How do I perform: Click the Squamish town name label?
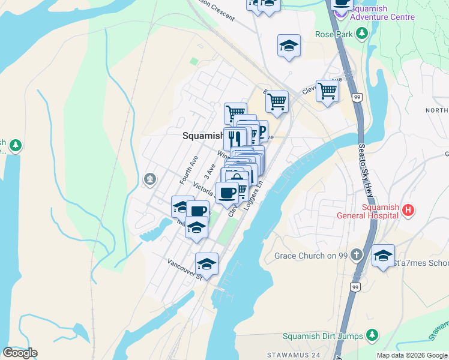click(203, 136)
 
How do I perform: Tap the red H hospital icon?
click(409, 210)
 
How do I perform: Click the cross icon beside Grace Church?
click(357, 255)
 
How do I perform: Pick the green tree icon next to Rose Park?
click(362, 34)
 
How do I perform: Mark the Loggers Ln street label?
click(251, 196)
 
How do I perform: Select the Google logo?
click(20, 353)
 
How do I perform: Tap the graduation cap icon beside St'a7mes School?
click(383, 255)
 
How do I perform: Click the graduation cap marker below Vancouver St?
click(206, 263)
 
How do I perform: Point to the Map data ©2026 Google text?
click(412, 355)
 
